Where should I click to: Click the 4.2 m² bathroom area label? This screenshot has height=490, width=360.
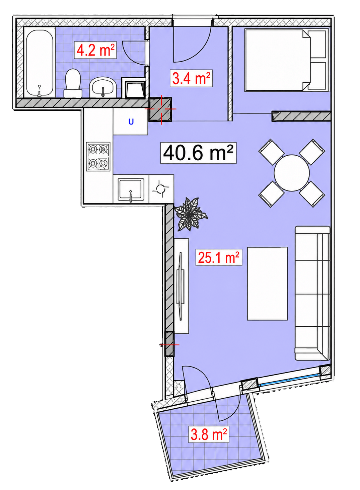tap(95, 51)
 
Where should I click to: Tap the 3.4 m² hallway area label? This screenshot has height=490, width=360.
tap(191, 78)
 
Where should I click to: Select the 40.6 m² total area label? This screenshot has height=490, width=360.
tap(199, 153)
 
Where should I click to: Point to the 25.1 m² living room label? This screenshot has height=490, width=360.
tap(219, 257)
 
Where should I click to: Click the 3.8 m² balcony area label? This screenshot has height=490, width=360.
tap(209, 434)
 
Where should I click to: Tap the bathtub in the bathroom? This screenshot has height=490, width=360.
tap(40, 63)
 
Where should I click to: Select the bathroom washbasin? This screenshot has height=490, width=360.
tap(103, 87)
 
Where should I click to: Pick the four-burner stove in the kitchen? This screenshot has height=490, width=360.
tap(98, 156)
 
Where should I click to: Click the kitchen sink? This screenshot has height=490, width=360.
tap(131, 189)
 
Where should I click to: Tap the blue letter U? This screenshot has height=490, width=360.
tap(131, 121)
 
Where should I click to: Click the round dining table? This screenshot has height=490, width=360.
tap(292, 173)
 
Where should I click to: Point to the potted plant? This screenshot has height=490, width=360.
tap(191, 214)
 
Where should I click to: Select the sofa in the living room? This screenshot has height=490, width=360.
tap(312, 293)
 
